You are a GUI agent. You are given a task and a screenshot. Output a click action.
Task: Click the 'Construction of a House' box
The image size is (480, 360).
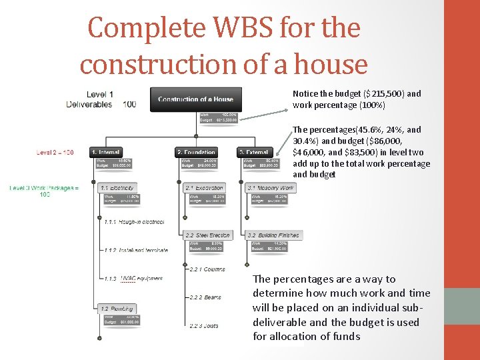pyautogui.click(x=195, y=99)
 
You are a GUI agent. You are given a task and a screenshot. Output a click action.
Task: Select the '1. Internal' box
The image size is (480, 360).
pyautogui.click(x=115, y=153)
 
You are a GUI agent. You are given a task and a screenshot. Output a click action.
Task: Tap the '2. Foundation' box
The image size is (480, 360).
pyautogui.click(x=197, y=153)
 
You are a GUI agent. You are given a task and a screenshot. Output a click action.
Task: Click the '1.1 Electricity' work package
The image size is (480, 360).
pyautogui.click(x=117, y=188)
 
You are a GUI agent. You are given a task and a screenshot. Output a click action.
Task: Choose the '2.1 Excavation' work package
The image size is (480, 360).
pyautogui.click(x=205, y=188)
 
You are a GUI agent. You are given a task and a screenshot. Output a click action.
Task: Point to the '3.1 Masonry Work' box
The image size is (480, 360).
pyautogui.click(x=270, y=188)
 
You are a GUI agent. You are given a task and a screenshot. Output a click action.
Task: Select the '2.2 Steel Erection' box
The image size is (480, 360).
pyautogui.click(x=207, y=235)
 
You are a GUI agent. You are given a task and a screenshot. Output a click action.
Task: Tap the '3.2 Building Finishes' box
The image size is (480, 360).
pyautogui.click(x=274, y=235)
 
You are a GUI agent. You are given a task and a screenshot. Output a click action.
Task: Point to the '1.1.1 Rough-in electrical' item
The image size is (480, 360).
pyautogui.click(x=133, y=221)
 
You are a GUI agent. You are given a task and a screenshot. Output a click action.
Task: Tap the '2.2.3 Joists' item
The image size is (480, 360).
pyautogui.click(x=203, y=325)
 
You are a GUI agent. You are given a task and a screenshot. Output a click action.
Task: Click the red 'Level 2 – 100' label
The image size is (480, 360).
pyautogui.click(x=55, y=153)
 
